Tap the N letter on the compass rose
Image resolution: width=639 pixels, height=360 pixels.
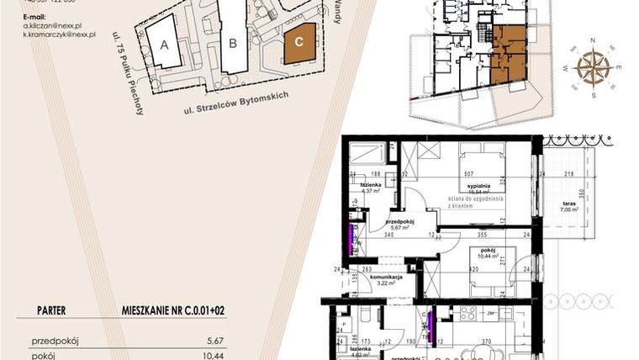(593, 40)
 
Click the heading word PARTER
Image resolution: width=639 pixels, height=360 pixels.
(52, 310)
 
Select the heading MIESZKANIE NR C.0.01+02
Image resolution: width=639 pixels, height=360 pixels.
(174, 310)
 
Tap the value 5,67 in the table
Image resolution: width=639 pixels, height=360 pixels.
(215, 341)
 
